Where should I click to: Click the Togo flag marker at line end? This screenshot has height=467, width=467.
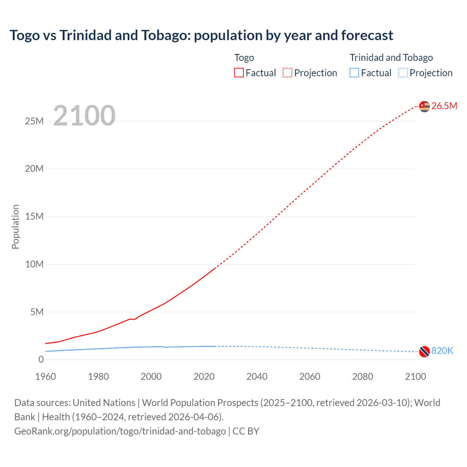(424, 107)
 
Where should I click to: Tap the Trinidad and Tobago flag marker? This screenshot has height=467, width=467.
(424, 351)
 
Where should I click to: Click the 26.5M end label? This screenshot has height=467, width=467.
(444, 106)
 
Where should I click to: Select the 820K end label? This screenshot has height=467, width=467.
(442, 351)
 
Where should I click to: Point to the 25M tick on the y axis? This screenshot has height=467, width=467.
(34, 121)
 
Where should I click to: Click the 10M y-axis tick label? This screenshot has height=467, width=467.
(34, 264)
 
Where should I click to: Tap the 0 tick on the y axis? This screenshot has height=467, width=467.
(41, 360)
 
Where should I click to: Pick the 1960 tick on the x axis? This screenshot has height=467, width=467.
(46, 377)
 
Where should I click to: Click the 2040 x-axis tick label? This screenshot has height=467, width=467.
(257, 377)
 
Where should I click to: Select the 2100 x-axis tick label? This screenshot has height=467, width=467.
(415, 377)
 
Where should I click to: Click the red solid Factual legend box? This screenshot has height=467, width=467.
(239, 73)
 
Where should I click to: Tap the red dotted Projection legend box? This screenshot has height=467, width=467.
(287, 73)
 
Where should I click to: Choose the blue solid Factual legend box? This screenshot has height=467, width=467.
(354, 73)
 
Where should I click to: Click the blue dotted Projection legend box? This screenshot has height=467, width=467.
(403, 73)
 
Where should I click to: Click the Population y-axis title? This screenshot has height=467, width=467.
(15, 227)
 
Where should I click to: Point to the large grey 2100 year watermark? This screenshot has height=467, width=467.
(84, 116)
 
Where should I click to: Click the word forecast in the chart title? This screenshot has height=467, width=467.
(367, 35)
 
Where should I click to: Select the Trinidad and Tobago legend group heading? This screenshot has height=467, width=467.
(391, 58)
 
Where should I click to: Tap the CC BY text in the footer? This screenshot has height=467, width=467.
(246, 431)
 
